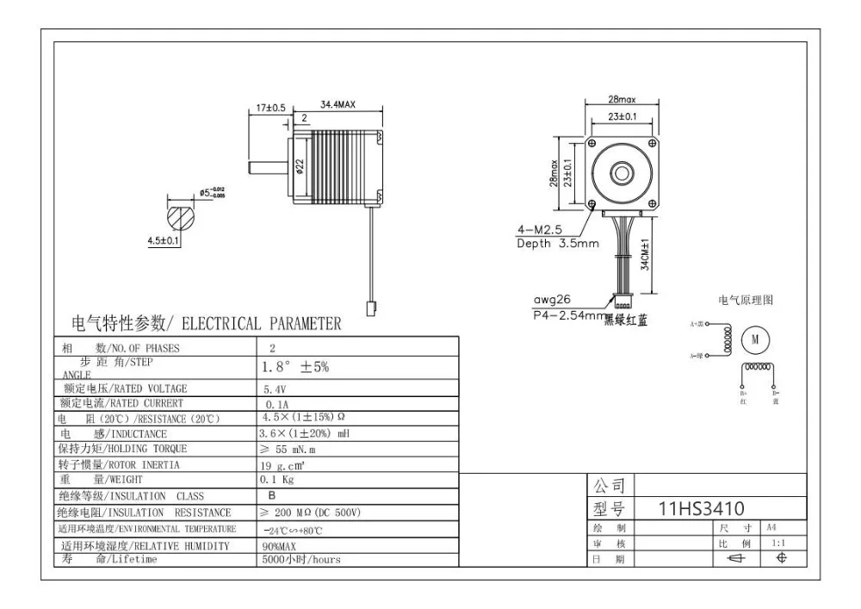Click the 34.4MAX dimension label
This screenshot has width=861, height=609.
pos(338,104)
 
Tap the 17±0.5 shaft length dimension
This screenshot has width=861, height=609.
pos(270,108)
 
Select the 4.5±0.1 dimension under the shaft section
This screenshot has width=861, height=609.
pos(163,241)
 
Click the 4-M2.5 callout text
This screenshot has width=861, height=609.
pos(540,230)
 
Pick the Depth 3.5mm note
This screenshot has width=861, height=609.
pos(557,244)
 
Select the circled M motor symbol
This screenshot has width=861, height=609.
pos(755,339)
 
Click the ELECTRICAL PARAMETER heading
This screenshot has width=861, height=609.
pos(206,324)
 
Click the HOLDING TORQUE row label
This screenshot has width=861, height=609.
pos(123,449)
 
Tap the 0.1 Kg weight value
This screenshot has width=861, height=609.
pos(277,480)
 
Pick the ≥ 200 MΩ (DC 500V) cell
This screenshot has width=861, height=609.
pos(309,512)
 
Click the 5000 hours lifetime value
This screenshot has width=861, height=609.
pos(300,559)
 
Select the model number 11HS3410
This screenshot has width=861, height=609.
pos(701,508)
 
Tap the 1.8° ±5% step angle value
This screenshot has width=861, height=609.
pos(294,367)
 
